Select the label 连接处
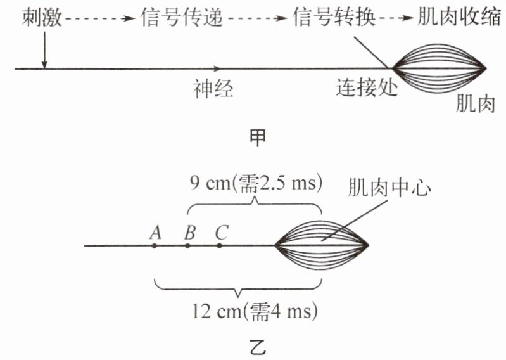(365, 89)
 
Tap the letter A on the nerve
(154, 232)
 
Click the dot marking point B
(187, 245)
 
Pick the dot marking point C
(219, 245)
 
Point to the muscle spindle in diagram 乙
(322, 245)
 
